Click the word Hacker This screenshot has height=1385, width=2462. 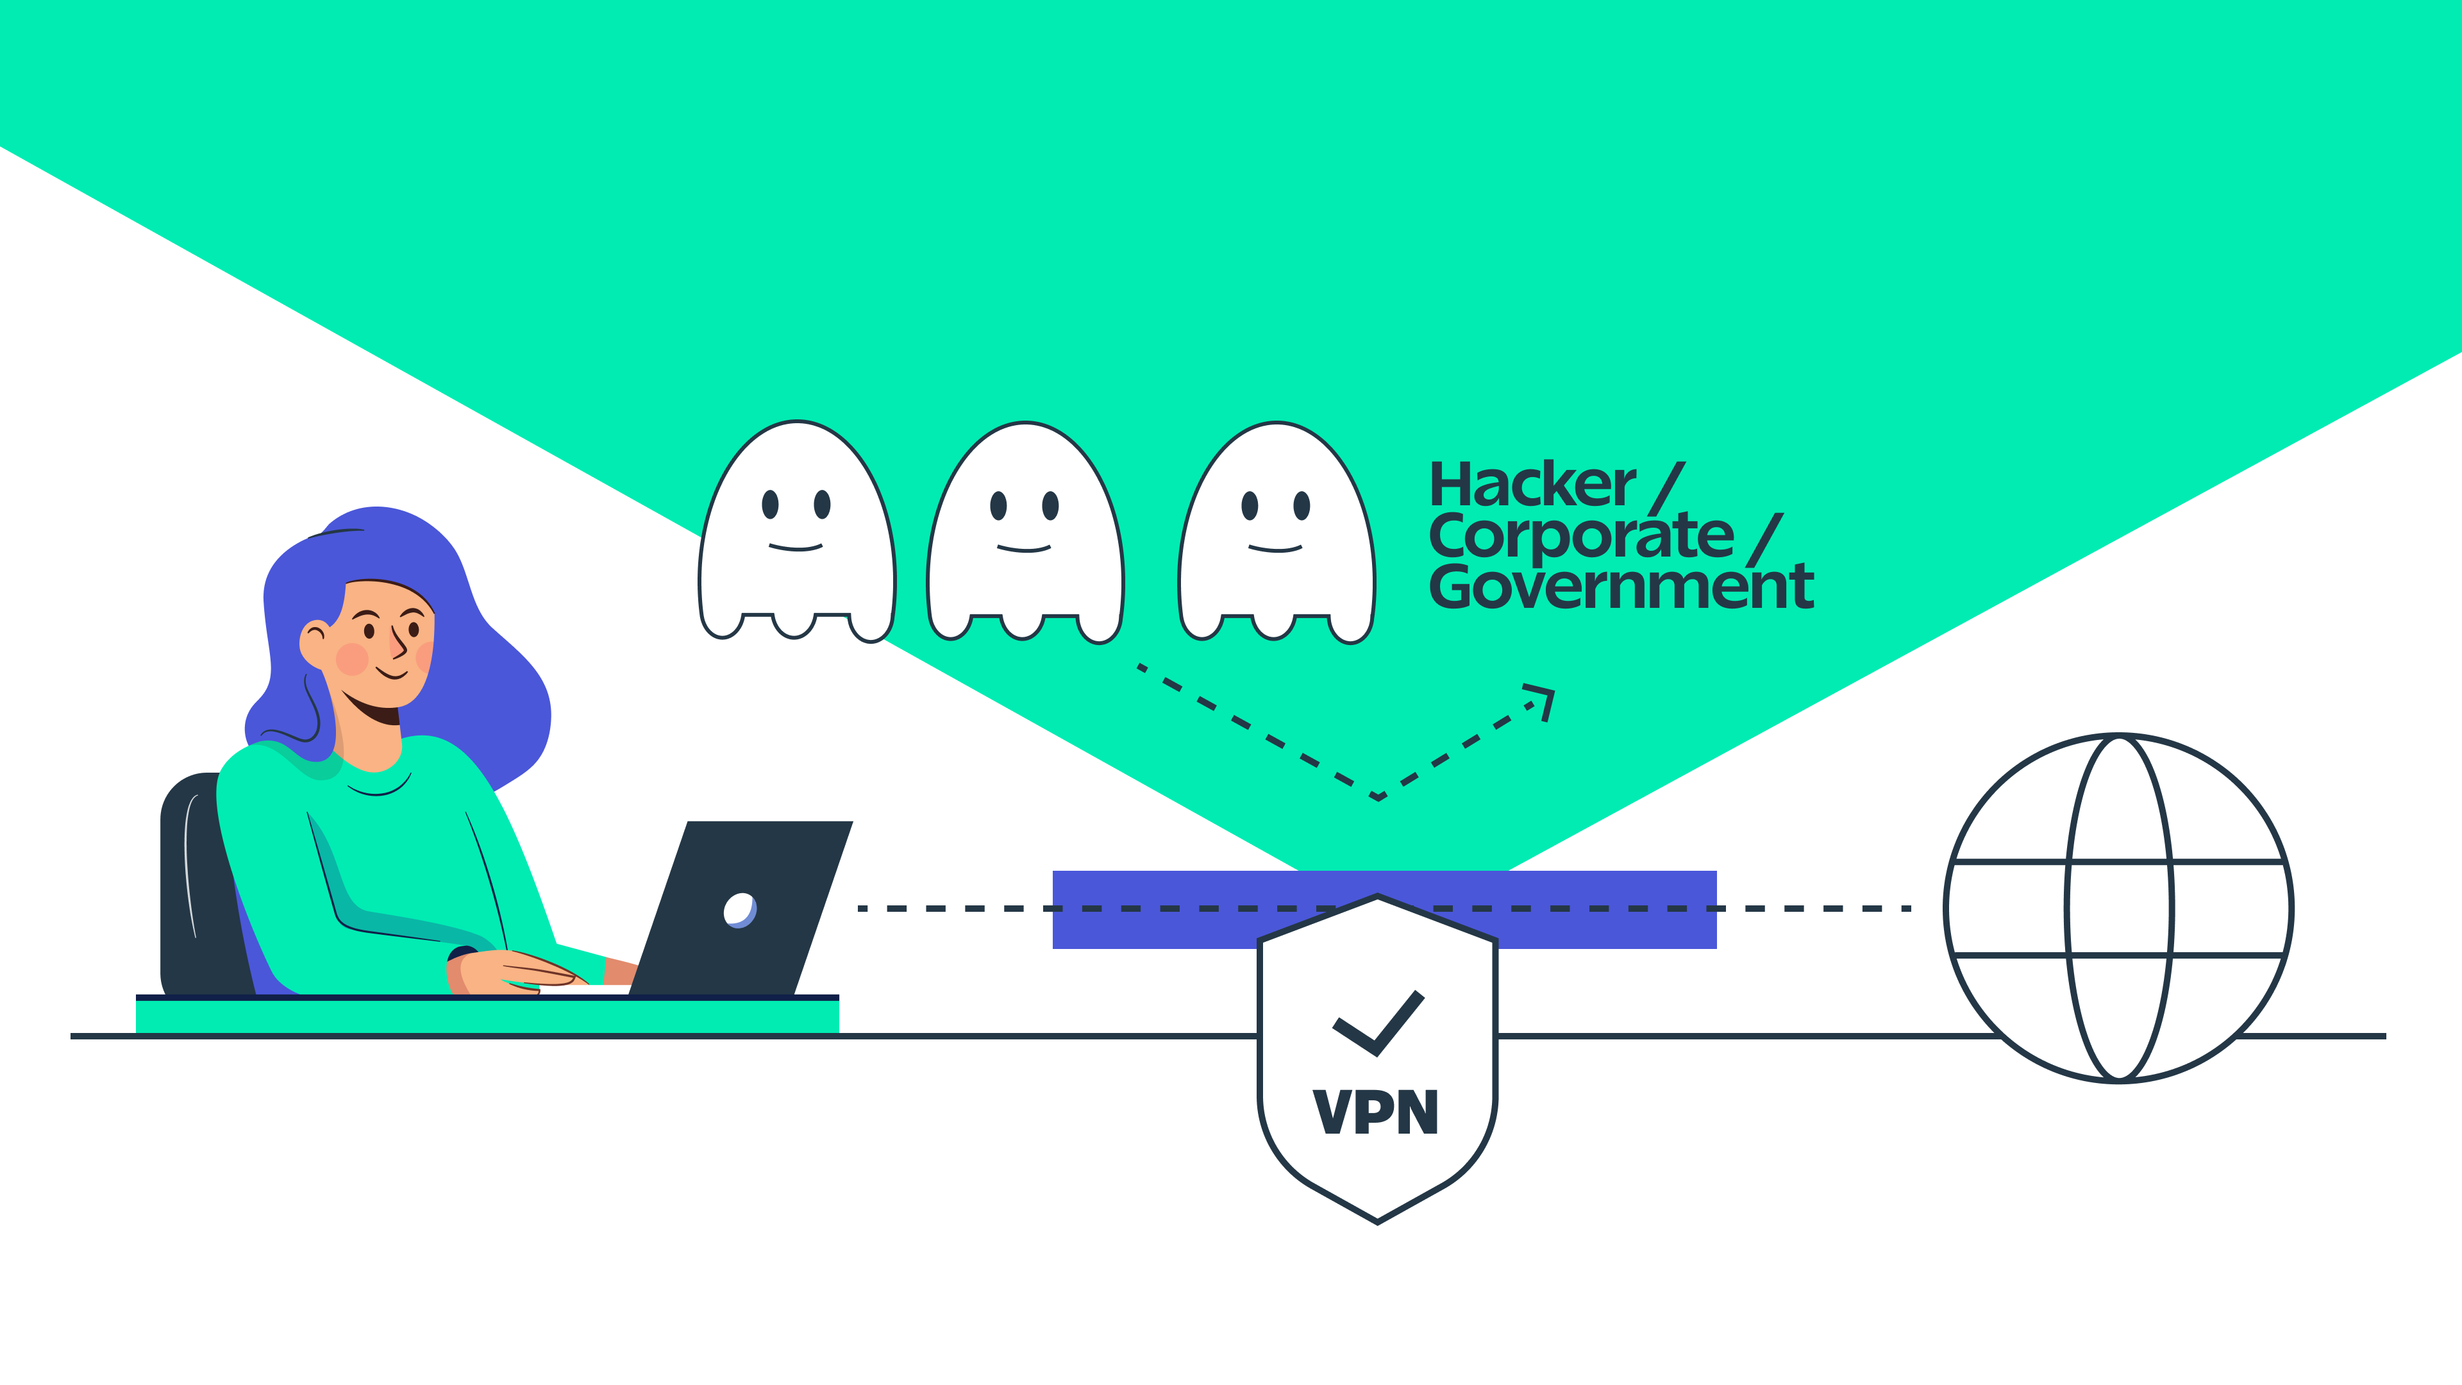[x=1532, y=485]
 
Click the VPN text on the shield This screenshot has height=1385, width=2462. [x=1377, y=1112]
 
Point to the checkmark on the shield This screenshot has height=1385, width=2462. [x=1379, y=1024]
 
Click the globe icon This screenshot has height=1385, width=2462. [x=2119, y=908]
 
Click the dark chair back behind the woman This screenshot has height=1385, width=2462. [x=196, y=879]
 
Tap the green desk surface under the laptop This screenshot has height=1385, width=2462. [x=487, y=1015]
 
